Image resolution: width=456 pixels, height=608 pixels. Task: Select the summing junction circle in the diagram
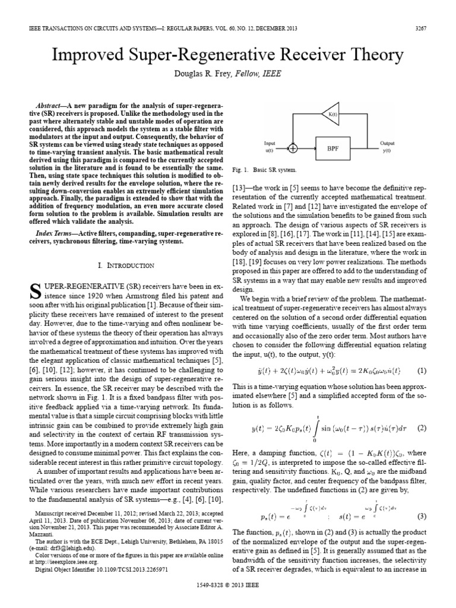(x=293, y=146)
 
